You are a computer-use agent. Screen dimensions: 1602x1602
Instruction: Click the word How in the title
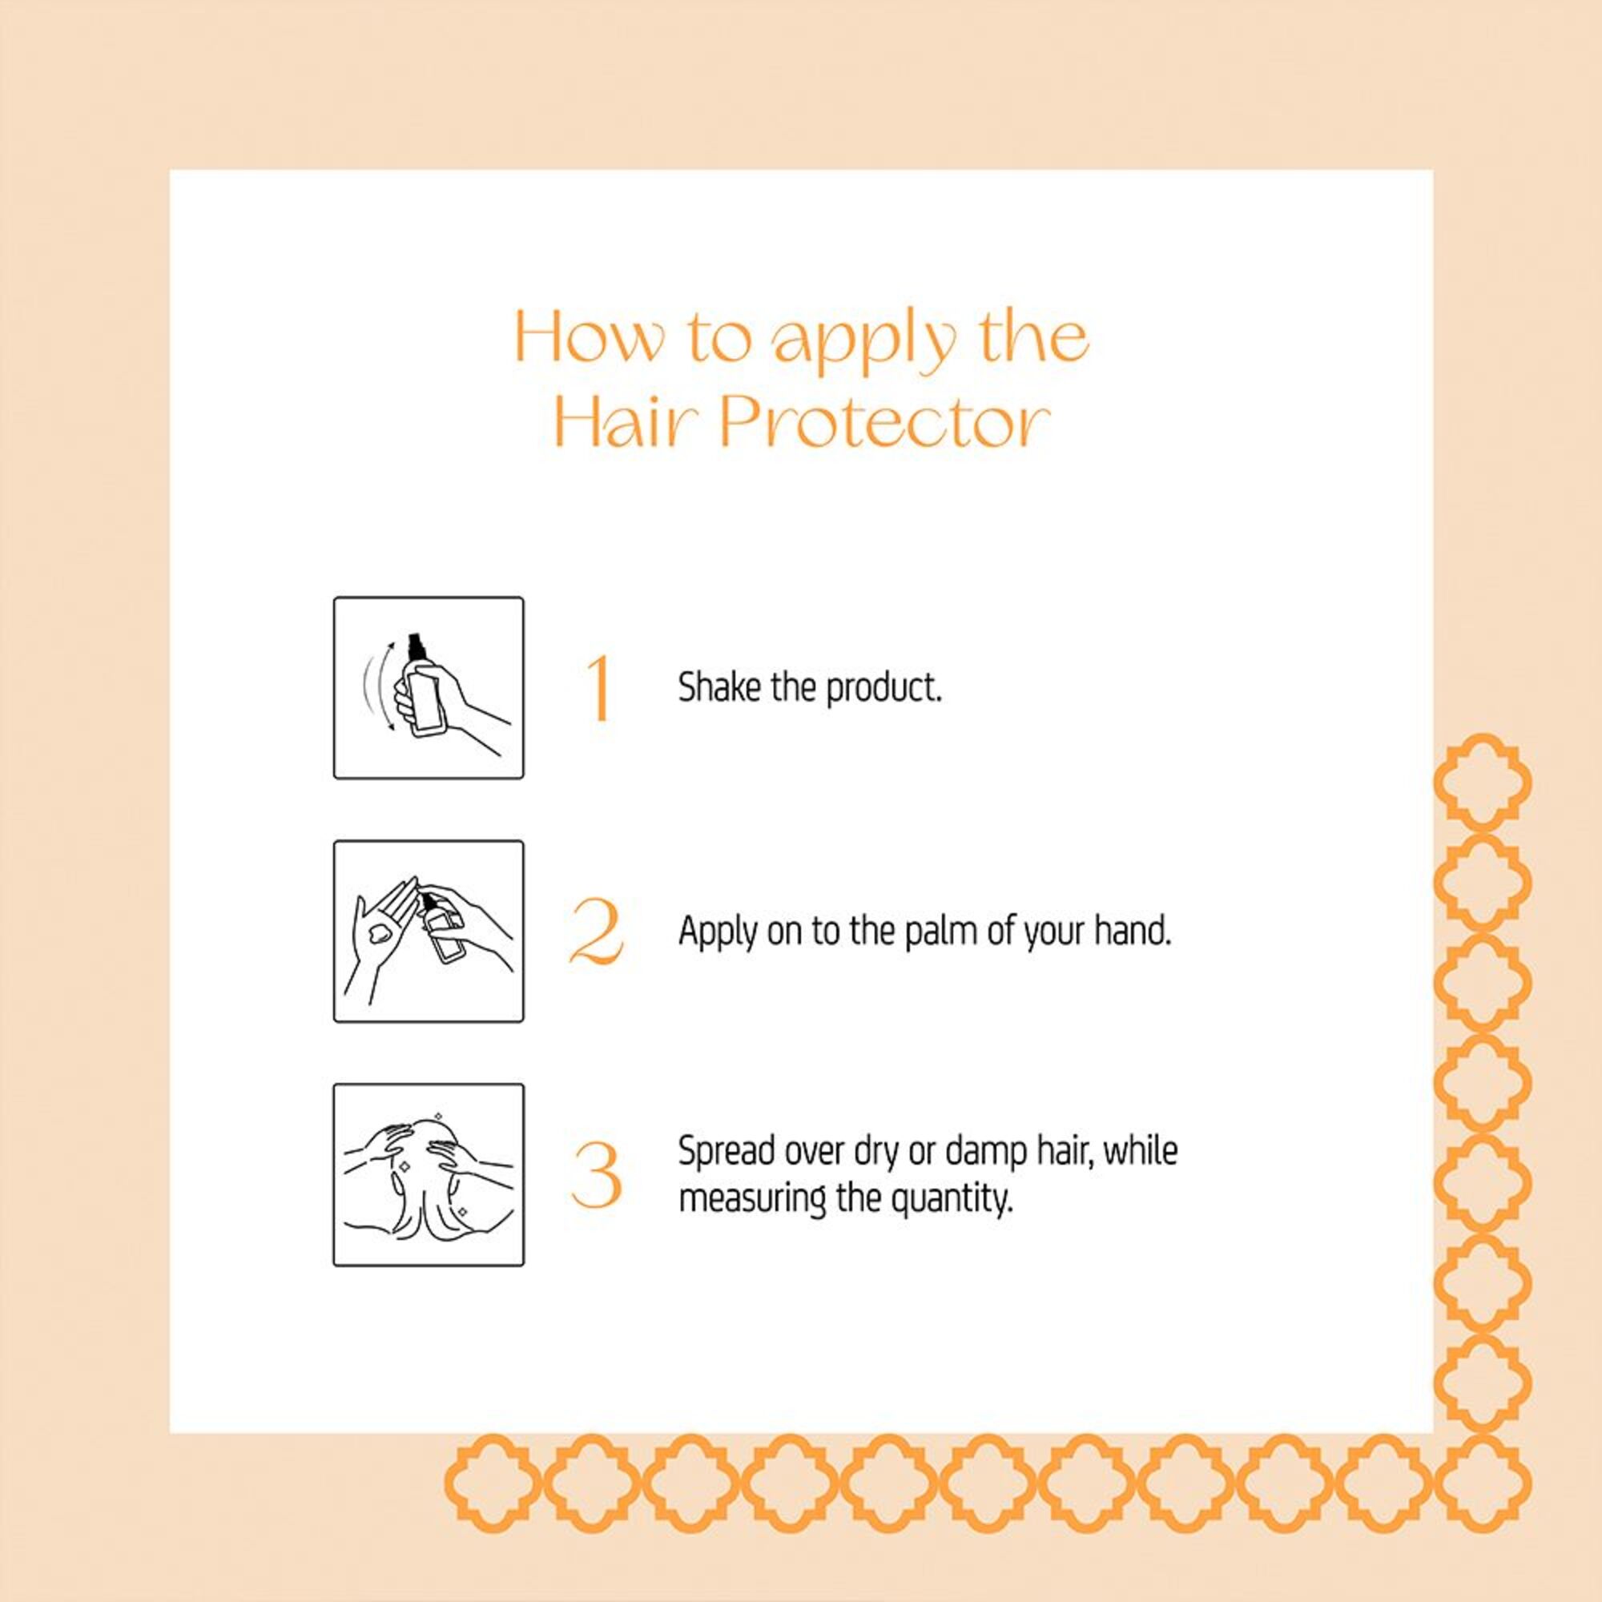coord(590,336)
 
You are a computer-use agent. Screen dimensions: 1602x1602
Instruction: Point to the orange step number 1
coord(599,688)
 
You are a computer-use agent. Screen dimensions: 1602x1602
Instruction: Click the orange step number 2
coord(597,932)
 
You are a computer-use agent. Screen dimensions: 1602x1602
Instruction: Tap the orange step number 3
coord(596,1175)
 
